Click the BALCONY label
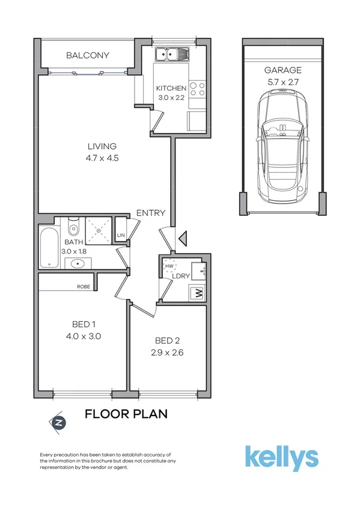[88, 55]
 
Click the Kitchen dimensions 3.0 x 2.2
[171, 97]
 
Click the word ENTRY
[151, 213]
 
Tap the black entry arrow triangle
[183, 239]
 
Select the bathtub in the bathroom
[49, 247]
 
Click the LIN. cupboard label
[121, 235]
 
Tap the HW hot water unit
[169, 266]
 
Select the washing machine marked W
[197, 294]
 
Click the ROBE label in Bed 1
[84, 287]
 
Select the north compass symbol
[58, 422]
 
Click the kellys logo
[281, 458]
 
